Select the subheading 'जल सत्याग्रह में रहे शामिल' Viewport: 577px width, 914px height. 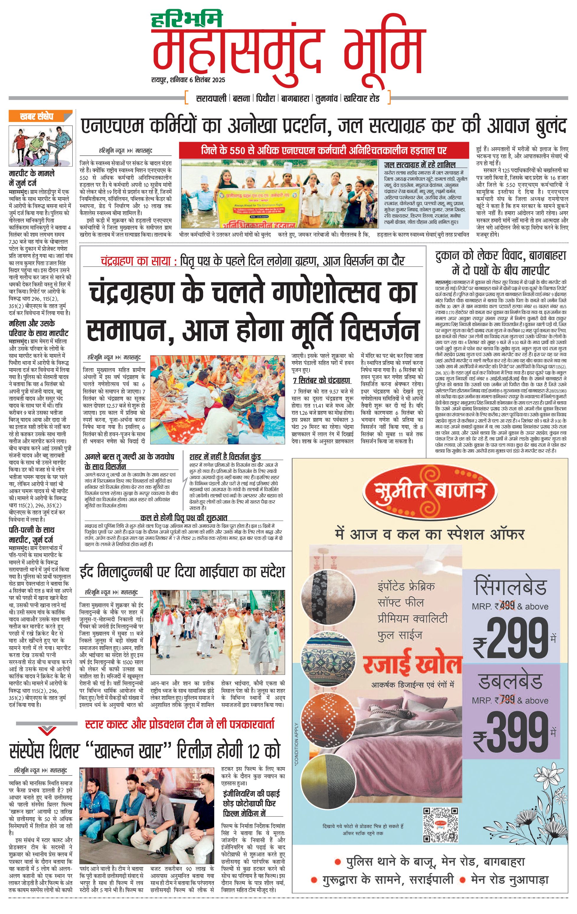(419, 165)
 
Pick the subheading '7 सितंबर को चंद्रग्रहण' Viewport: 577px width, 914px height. (321, 380)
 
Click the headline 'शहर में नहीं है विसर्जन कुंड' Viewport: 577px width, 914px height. (225, 457)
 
